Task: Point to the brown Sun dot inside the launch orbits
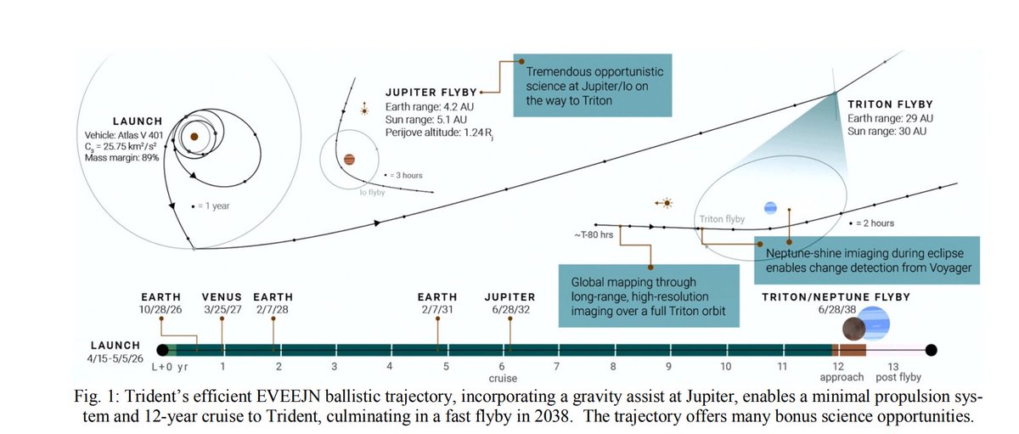click(194, 136)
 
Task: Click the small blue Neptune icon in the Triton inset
click(770, 207)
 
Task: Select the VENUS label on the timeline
click(222, 297)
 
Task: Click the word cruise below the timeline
click(503, 377)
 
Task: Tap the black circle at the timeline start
click(162, 349)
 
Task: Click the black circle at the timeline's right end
click(931, 349)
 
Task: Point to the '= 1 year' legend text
click(217, 206)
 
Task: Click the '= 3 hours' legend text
click(406, 176)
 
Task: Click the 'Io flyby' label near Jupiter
click(370, 192)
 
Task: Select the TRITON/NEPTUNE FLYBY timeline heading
click(836, 297)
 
